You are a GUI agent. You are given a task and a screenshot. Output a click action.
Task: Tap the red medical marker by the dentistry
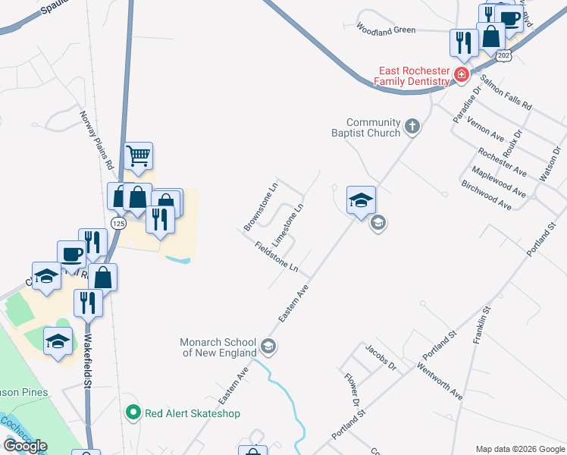[461, 74]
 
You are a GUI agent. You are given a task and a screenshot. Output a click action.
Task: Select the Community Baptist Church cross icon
[412, 125]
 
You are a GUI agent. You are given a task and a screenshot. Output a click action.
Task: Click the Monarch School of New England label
[219, 347]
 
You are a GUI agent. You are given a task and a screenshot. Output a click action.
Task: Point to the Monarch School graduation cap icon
[268, 347]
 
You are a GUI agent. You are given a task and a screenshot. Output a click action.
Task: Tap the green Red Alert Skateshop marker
[133, 413]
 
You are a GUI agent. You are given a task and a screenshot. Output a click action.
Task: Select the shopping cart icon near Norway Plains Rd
[139, 156]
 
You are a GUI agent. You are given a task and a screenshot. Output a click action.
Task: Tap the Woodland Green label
[386, 30]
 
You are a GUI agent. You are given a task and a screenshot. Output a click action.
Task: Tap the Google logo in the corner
[25, 446]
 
